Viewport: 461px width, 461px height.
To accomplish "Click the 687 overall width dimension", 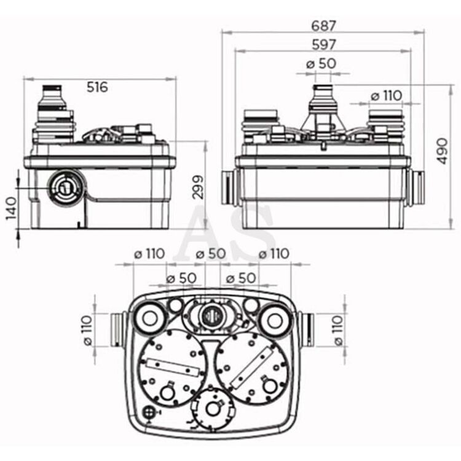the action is pos(323,26).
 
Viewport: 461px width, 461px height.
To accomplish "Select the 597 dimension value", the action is pos(323,45).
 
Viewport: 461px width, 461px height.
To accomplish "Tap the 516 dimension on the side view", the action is pos(97,87).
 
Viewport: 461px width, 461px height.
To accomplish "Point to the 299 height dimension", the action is pos(198,187).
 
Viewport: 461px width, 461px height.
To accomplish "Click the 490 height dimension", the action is pos(442,151).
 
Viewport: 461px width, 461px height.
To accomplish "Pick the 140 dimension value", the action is pos(12,208).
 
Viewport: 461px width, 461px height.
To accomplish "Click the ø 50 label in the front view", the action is pos(321,63).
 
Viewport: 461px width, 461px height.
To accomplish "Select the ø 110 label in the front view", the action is pos(387,96).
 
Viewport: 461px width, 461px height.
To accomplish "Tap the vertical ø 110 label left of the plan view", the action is pos(87,330).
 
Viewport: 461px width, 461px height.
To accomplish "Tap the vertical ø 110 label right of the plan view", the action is pos(339,330).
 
